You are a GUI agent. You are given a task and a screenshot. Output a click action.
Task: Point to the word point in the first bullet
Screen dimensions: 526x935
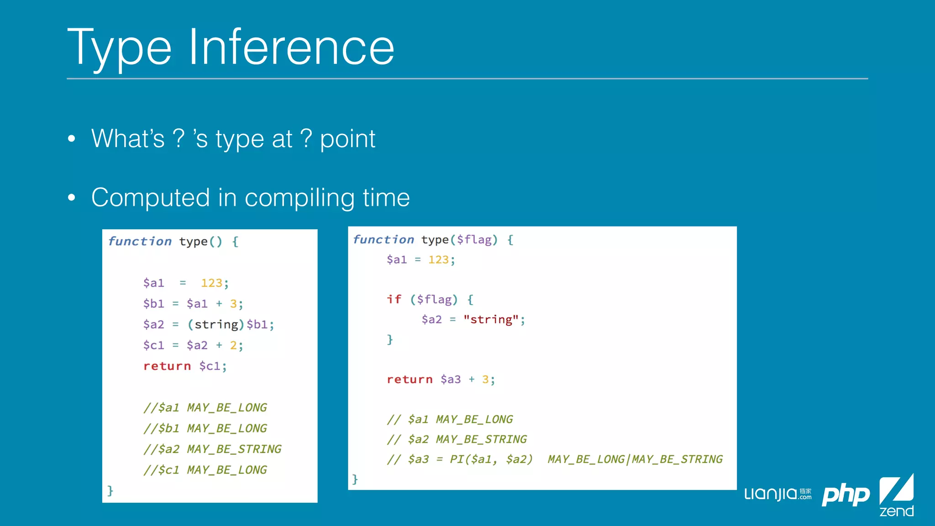click(347, 139)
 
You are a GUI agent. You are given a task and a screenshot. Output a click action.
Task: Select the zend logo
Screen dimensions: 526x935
click(896, 495)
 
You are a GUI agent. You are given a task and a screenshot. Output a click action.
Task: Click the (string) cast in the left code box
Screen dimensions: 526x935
click(216, 325)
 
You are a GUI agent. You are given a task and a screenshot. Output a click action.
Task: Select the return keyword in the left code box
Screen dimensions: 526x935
click(167, 366)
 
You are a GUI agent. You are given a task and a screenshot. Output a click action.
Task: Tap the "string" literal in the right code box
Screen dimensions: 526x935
click(491, 320)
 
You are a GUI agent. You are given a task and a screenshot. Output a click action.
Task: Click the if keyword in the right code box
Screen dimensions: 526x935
click(394, 300)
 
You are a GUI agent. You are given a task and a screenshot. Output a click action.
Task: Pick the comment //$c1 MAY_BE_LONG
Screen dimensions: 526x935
click(205, 470)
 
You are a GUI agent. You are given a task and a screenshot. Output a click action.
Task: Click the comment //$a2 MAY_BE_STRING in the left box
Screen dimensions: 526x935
click(212, 449)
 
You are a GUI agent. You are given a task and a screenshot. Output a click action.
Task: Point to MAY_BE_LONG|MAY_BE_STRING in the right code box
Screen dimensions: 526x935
click(635, 459)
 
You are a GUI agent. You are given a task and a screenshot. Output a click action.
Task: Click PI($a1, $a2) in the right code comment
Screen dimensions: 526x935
click(491, 459)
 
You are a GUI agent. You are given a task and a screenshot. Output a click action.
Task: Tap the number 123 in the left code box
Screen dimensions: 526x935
click(211, 283)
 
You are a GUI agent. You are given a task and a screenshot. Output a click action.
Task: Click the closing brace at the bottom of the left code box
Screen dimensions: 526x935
click(110, 490)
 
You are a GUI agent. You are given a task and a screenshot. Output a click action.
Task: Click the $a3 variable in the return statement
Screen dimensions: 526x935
click(450, 379)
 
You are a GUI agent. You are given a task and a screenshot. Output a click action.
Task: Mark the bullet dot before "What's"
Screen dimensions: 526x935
click(71, 139)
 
